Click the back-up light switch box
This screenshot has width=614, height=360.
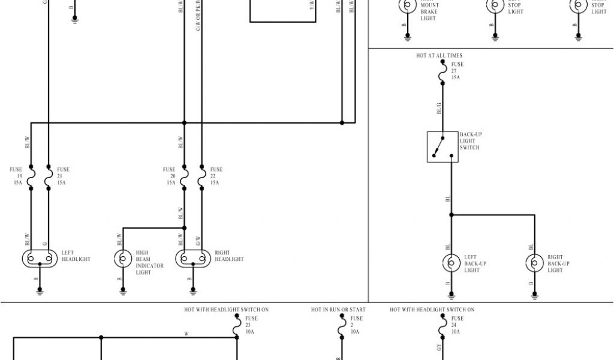(x=443, y=146)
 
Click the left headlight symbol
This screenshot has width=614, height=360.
(x=40, y=259)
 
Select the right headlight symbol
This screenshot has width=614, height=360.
(x=193, y=259)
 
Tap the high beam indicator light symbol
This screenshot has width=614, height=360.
(x=123, y=259)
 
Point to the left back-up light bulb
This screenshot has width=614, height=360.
(x=451, y=263)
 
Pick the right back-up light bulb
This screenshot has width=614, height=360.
(x=534, y=263)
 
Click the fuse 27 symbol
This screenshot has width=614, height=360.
(x=443, y=73)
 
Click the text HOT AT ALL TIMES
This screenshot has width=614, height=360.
(x=439, y=56)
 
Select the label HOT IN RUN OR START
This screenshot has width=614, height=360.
(x=338, y=310)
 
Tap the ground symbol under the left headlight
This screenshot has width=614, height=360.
(x=40, y=292)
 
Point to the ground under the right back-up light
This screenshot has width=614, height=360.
(x=534, y=295)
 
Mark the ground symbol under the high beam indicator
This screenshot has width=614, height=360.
(x=123, y=292)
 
